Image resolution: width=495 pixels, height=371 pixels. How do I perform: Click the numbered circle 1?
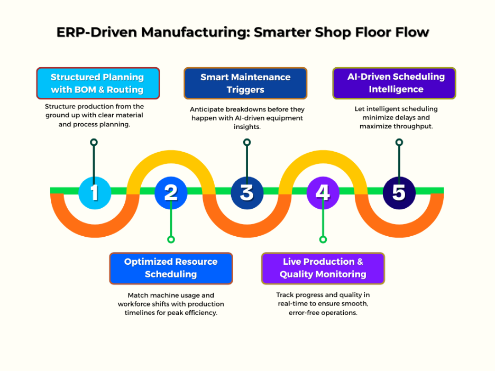click(95, 192)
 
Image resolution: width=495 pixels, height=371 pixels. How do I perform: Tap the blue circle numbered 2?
click(171, 192)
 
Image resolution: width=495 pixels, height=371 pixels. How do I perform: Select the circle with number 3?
click(247, 192)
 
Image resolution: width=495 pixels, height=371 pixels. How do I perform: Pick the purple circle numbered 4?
click(323, 192)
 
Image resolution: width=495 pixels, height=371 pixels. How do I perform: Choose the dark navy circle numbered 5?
click(399, 192)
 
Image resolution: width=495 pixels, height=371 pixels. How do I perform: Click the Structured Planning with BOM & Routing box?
click(98, 83)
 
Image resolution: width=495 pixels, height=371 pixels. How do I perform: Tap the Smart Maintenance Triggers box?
click(245, 83)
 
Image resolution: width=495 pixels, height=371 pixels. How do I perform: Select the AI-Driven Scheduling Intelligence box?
click(394, 83)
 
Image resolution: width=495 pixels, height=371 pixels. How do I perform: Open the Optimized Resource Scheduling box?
click(171, 268)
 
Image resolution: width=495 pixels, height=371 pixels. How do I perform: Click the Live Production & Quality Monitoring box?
click(323, 268)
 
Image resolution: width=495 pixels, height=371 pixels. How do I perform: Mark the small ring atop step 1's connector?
click(94, 142)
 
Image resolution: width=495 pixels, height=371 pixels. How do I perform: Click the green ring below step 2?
click(171, 239)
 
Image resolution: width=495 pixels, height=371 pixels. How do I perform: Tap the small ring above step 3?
click(247, 142)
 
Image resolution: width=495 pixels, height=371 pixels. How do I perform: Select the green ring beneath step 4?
click(323, 239)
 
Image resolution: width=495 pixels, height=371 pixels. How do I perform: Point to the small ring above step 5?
click(399, 142)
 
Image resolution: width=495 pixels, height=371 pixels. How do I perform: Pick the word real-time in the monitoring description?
click(294, 304)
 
